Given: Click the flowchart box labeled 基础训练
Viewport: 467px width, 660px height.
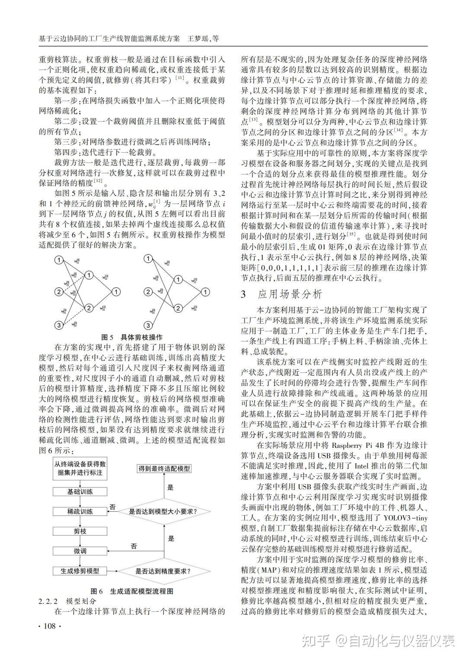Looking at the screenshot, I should (x=80, y=491).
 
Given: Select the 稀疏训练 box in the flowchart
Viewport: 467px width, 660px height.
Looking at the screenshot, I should (x=80, y=511).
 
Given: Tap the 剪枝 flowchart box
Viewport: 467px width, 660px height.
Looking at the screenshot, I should (x=80, y=531).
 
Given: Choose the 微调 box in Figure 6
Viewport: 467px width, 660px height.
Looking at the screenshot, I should (x=80, y=551).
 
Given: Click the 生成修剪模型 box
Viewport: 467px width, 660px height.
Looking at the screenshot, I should (x=80, y=571).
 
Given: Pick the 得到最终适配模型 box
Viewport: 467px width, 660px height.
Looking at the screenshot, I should (x=164, y=469).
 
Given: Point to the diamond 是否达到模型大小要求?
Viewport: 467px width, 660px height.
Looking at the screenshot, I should (x=164, y=512).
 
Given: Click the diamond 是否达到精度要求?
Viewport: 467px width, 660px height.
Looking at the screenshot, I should (x=164, y=571).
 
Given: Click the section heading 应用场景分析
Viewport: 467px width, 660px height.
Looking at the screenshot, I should (x=290, y=295).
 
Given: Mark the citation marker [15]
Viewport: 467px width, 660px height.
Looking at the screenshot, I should (x=351, y=235).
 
